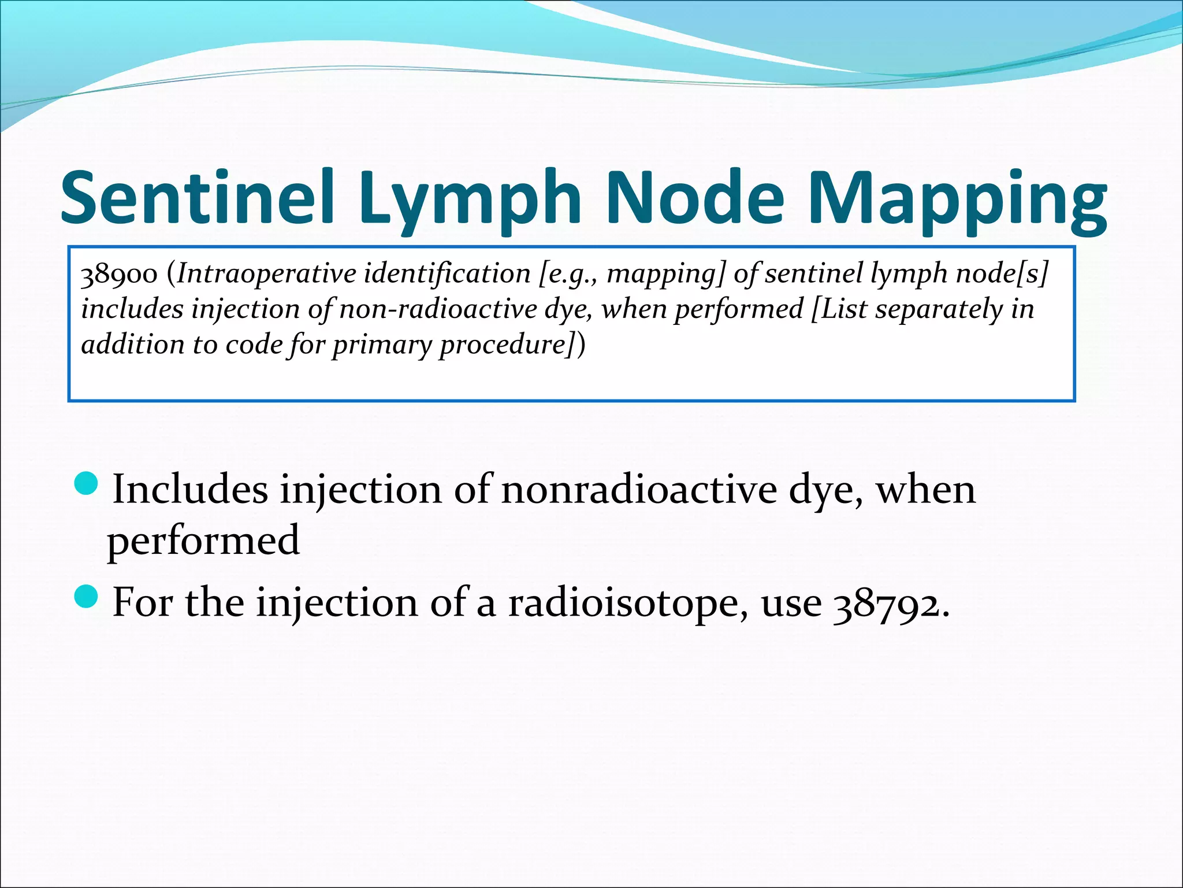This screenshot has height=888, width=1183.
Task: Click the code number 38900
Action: pos(119,274)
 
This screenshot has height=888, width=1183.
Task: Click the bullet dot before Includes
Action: pos(88,483)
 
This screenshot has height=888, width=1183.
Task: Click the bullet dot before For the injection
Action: pos(88,596)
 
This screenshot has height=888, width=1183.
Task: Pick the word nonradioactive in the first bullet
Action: pos(639,490)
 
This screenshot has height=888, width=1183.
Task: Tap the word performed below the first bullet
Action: pos(203,541)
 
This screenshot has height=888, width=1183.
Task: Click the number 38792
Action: pos(890,603)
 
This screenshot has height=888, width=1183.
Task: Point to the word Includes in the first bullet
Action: pos(190,490)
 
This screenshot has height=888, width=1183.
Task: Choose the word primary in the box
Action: pos(382,345)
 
